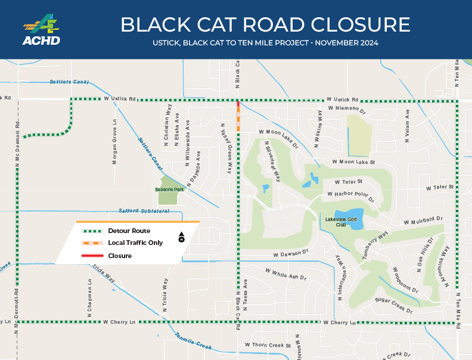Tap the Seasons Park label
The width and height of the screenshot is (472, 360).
(x=169, y=190)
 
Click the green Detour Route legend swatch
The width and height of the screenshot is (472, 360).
(x=92, y=231)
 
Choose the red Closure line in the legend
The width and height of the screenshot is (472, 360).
(x=92, y=256)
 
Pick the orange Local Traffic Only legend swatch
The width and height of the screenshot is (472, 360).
(x=92, y=243)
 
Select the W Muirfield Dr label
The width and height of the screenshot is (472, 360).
(x=424, y=221)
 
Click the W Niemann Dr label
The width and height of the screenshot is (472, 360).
(x=346, y=110)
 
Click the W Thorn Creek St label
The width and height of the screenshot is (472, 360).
(x=267, y=345)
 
